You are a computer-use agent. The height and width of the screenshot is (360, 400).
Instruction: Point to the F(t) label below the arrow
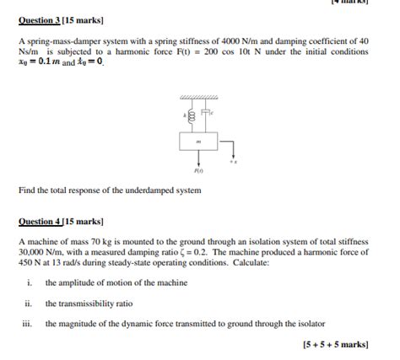[198, 169]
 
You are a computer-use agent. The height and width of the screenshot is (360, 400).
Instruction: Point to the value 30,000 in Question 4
[34, 251]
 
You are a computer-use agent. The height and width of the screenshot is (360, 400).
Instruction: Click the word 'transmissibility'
[88, 304]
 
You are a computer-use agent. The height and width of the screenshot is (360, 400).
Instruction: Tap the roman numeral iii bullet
[29, 324]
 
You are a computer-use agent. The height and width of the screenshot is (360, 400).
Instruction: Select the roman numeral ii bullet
[29, 304]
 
